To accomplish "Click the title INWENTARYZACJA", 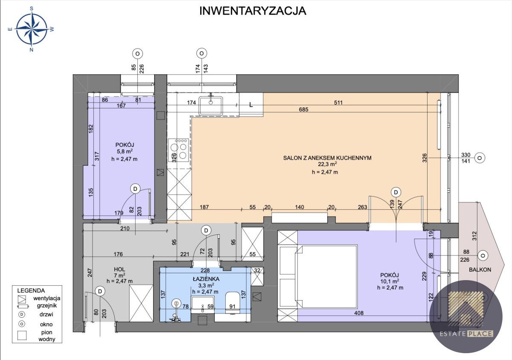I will point(253,11).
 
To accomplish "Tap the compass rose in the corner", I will point(32,29).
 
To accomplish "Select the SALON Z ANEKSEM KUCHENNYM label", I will point(327,158).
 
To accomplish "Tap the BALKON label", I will point(480,269).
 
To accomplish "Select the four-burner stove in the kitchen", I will point(179,150).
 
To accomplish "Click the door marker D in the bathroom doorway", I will point(206,231).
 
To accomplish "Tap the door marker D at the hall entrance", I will point(100,291).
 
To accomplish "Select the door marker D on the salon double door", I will point(397,192).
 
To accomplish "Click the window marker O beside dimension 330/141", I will point(480,158).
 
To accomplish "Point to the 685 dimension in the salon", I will point(303,110).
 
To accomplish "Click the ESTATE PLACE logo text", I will point(466,334).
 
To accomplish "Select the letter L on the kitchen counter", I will point(251,105).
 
